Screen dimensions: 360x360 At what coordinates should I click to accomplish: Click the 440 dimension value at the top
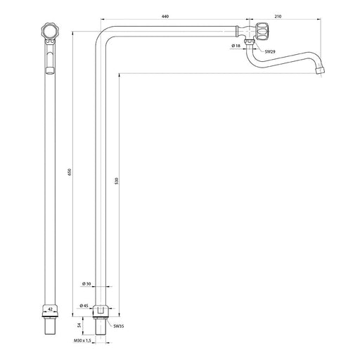(165, 16)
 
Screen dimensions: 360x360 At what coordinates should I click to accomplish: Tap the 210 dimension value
(278, 16)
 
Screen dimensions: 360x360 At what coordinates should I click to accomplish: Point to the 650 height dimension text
(70, 172)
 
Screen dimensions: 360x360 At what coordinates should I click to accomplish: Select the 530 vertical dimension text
(117, 181)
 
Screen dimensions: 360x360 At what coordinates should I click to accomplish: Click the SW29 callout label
(270, 52)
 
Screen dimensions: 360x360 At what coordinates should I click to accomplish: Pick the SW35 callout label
(119, 326)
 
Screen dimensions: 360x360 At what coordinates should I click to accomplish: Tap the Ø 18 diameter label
(236, 46)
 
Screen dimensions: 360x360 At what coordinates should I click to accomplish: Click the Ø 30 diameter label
(86, 284)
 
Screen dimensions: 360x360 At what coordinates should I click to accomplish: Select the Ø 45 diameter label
(84, 306)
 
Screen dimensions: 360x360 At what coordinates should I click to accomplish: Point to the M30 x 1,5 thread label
(82, 340)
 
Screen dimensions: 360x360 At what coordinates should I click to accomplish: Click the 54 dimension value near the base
(79, 325)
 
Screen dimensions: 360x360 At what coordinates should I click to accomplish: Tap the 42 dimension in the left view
(50, 309)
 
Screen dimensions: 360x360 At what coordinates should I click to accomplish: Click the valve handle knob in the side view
(262, 31)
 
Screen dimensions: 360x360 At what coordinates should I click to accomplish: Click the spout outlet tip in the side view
(320, 70)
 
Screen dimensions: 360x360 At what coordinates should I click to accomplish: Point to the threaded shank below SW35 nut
(101, 327)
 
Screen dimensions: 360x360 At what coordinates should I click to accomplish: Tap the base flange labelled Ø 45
(101, 311)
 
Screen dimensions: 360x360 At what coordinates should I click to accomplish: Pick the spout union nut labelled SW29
(250, 41)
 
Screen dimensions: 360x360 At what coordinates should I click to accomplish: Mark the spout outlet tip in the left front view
(50, 70)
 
